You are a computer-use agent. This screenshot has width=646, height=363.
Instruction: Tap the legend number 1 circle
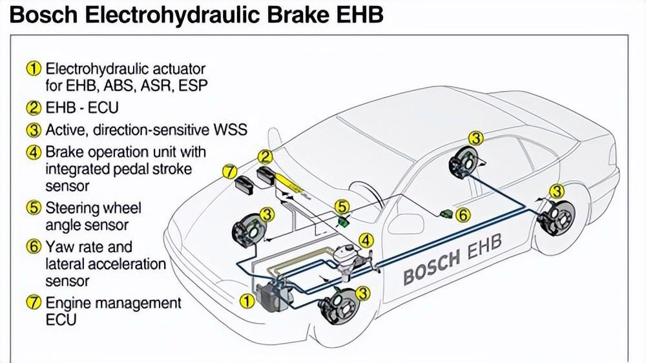[34, 68]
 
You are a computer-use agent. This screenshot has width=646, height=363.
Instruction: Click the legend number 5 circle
[34, 209]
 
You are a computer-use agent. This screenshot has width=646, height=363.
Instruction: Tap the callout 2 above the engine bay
[266, 156]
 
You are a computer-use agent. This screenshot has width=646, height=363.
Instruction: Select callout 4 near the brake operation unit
[366, 240]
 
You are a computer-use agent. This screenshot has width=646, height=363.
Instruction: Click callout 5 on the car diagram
[342, 207]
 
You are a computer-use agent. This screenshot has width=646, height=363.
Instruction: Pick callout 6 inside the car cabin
[463, 215]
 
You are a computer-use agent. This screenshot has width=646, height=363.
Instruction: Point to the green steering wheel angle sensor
[344, 220]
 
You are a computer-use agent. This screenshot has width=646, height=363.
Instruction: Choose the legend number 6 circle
[34, 247]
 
